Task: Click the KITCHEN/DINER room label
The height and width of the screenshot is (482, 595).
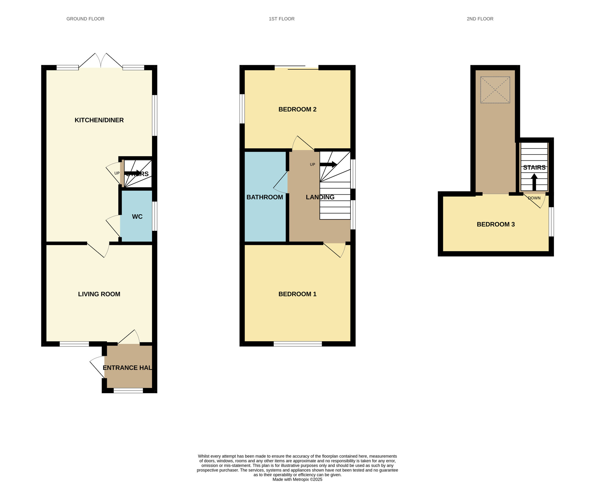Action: (x=99, y=120)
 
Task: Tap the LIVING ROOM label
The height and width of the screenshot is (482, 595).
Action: (x=99, y=294)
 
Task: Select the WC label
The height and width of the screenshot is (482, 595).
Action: (x=137, y=217)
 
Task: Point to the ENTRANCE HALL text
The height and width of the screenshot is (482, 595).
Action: (x=128, y=368)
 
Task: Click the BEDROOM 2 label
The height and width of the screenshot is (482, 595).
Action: (x=297, y=109)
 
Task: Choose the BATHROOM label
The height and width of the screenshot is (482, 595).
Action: (x=265, y=197)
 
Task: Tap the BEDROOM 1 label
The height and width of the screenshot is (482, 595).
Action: (x=297, y=294)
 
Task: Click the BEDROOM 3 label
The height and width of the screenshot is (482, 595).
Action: (x=496, y=224)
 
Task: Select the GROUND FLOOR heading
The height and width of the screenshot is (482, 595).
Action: (x=85, y=19)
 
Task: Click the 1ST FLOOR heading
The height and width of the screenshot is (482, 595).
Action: (x=282, y=19)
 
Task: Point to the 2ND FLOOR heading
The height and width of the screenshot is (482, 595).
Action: (x=480, y=19)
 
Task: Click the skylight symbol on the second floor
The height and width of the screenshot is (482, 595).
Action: (x=495, y=90)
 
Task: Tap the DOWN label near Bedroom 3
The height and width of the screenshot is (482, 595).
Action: (x=534, y=198)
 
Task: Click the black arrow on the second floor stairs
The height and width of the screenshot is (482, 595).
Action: (x=534, y=182)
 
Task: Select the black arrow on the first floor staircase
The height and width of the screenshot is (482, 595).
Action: (x=328, y=164)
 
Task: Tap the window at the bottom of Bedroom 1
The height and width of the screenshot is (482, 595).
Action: (x=298, y=344)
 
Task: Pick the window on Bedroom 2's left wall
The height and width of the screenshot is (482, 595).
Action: (x=242, y=109)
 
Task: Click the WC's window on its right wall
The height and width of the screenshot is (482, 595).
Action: (x=155, y=216)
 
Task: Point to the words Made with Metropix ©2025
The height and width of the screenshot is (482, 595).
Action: (x=297, y=479)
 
